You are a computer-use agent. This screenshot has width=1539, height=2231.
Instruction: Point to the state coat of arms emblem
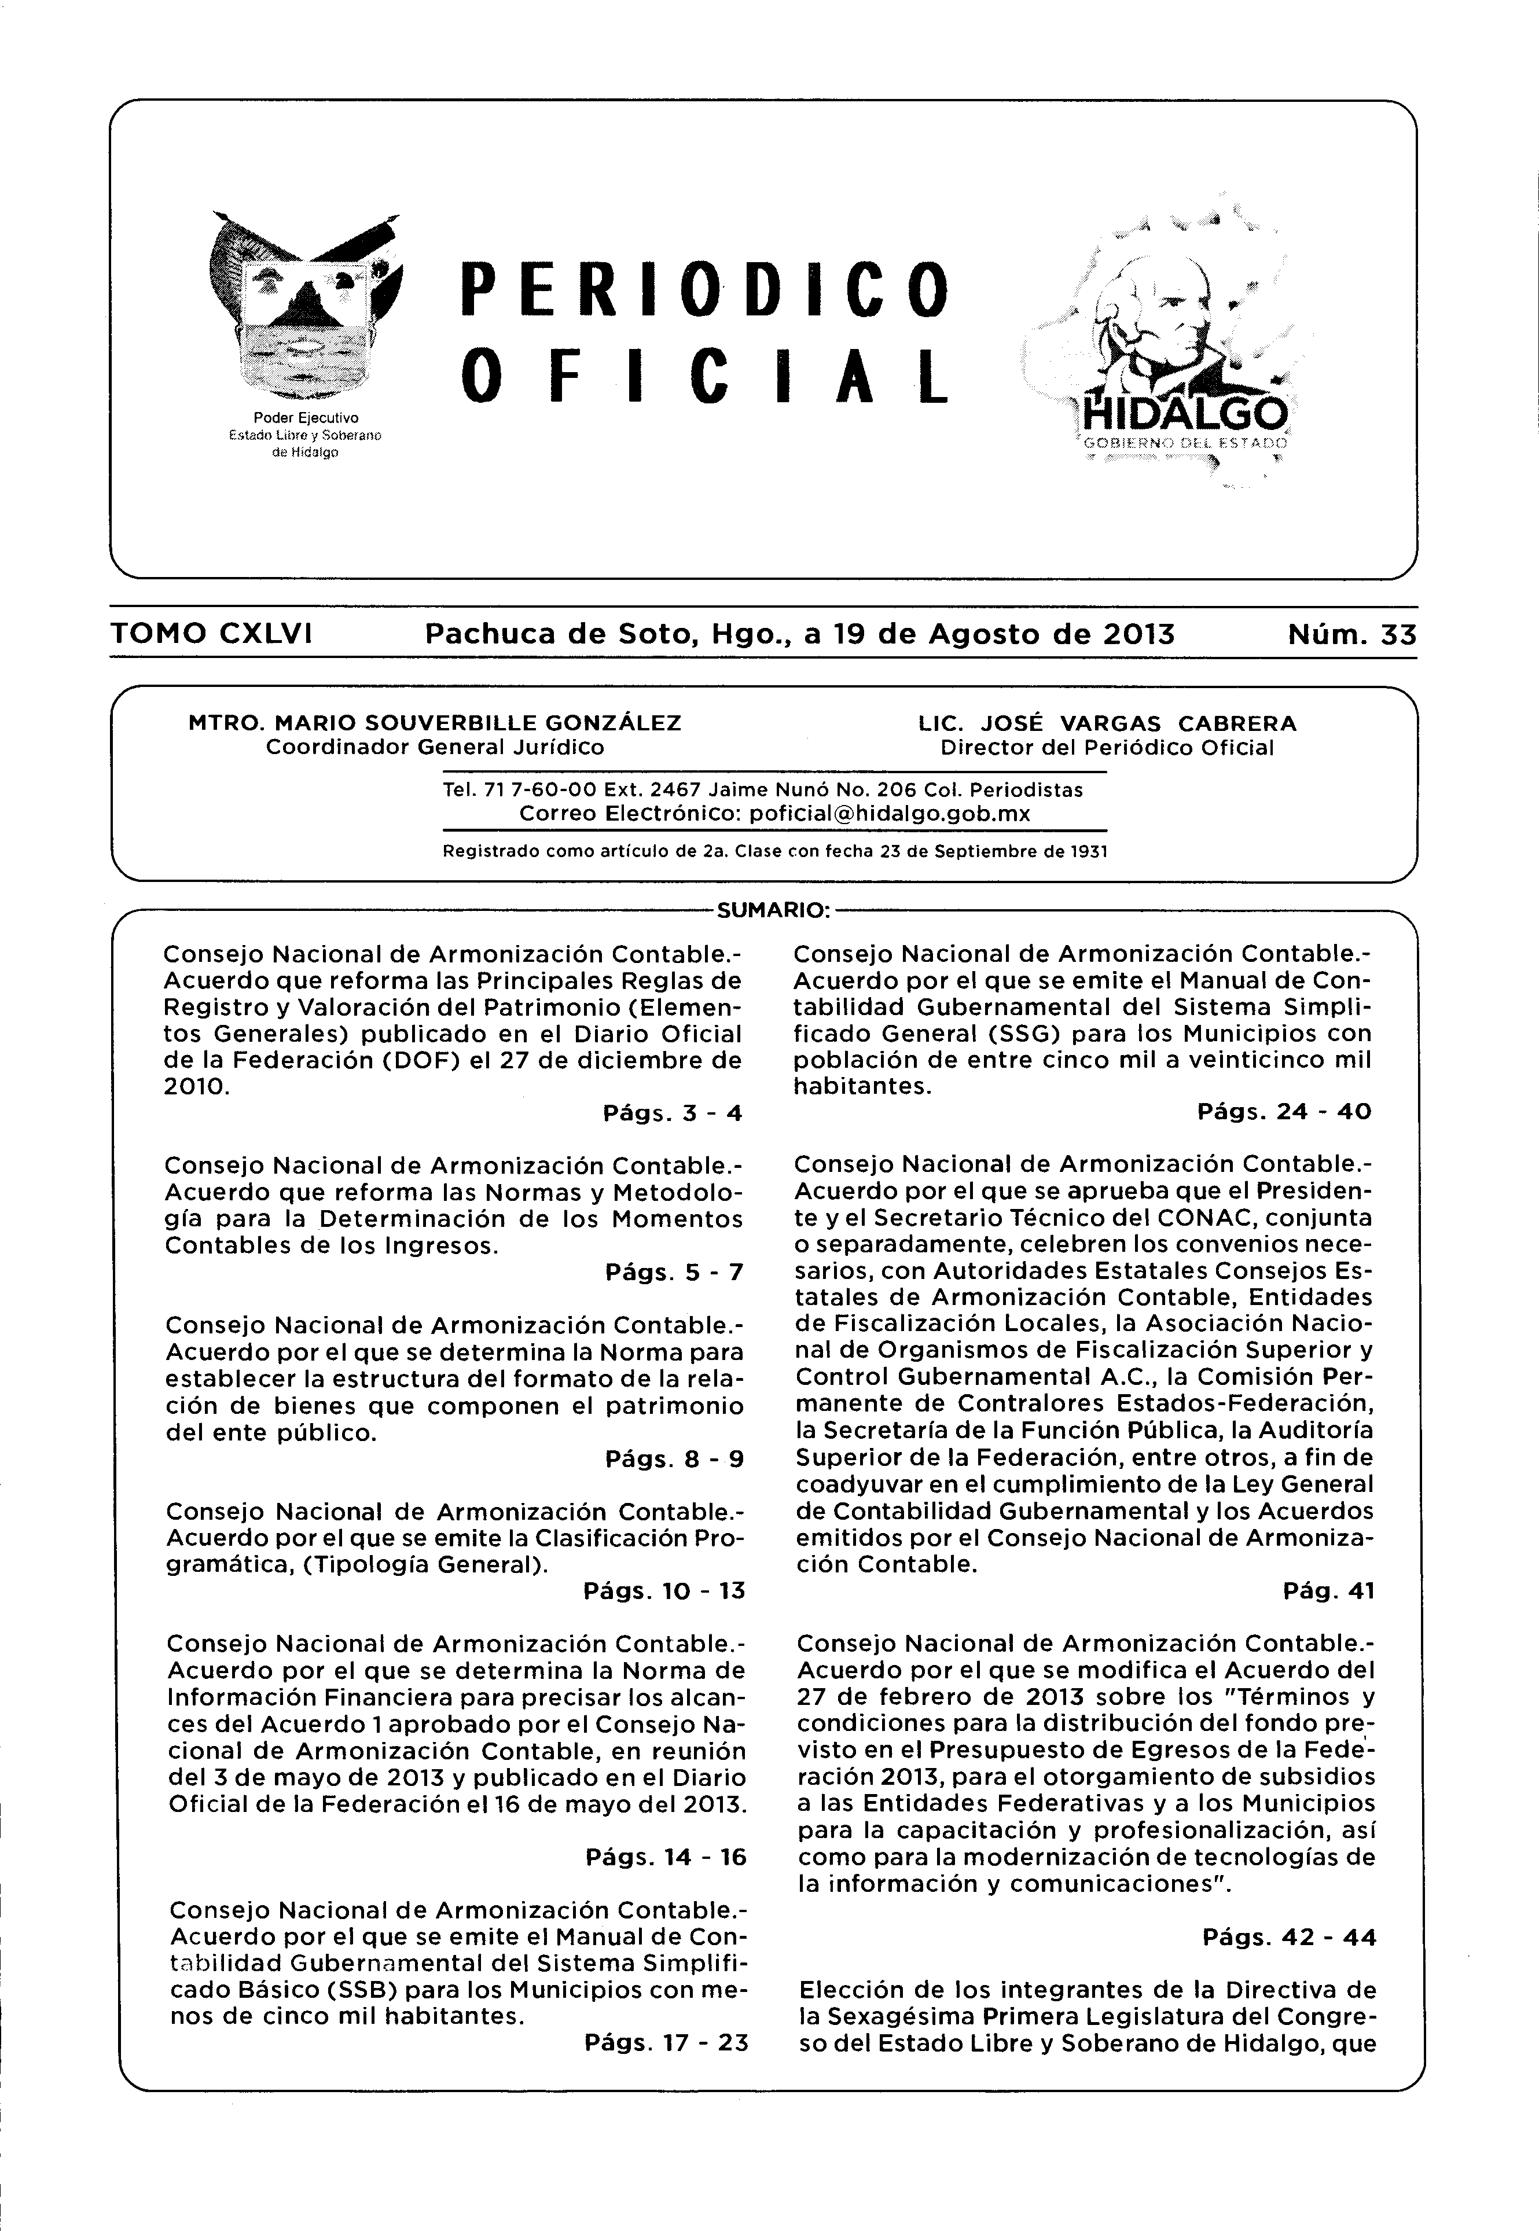pyautogui.click(x=304, y=308)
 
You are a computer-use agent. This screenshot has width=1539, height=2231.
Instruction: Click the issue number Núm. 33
pyautogui.click(x=1351, y=634)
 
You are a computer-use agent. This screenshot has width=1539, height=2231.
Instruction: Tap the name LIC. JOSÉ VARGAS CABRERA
pyautogui.click(x=1107, y=722)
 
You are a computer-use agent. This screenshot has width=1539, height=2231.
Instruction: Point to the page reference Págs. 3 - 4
pyautogui.click(x=672, y=1113)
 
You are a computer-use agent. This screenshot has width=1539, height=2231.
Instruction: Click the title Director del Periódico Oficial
pyautogui.click(x=1107, y=747)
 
